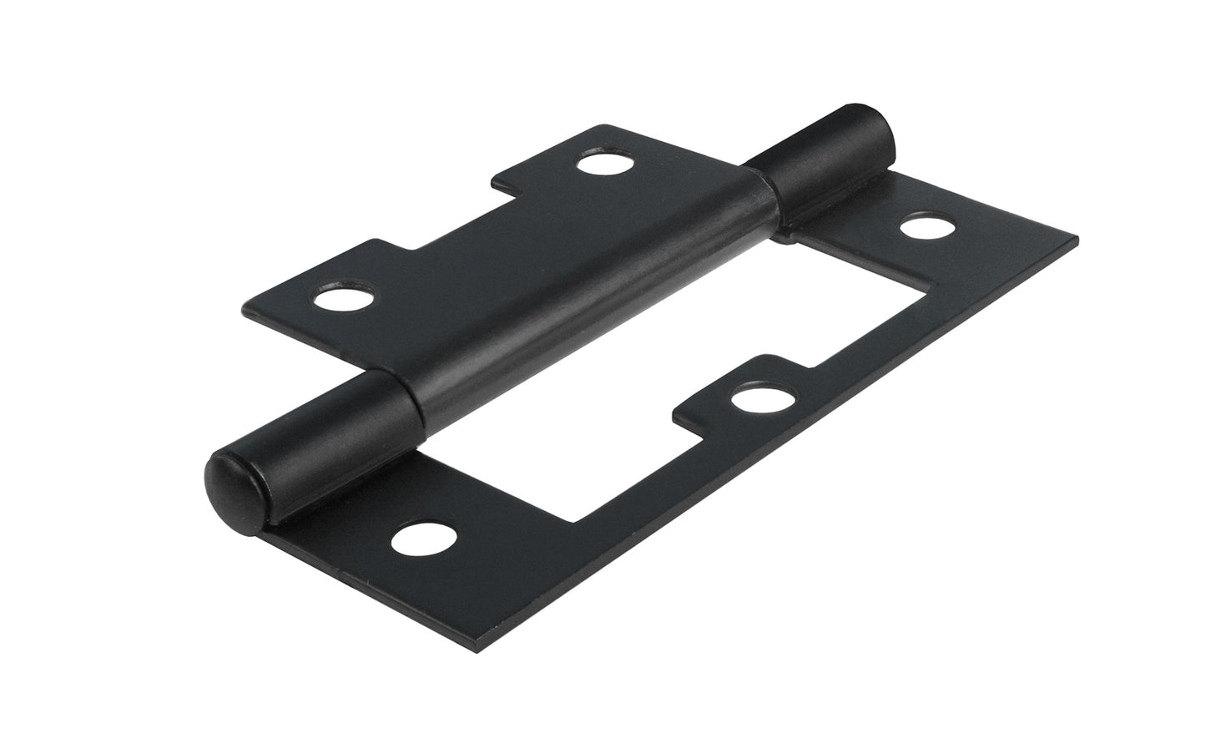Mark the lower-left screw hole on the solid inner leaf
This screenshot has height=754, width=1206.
coord(341,298)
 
